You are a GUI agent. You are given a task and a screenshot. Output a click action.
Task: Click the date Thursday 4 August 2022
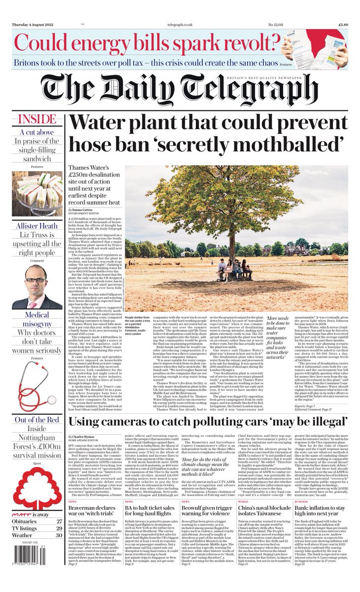coord(33,24)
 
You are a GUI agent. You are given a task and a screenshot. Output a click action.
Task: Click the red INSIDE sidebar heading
coord(36,119)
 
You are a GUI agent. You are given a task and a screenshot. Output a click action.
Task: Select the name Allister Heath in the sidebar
coord(36,226)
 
